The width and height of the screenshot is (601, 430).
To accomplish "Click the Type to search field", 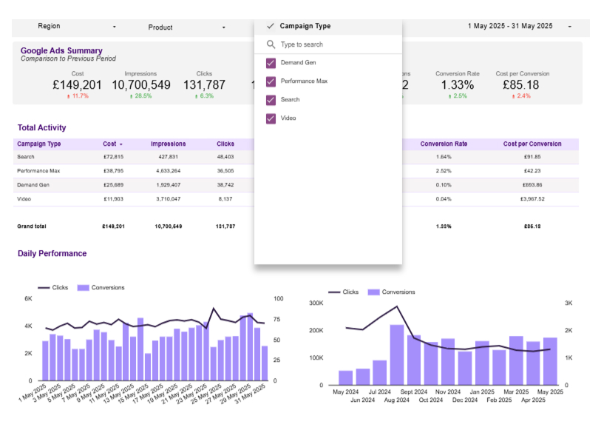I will point(333,44).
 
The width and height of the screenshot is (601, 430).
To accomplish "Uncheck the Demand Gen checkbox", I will point(271,63).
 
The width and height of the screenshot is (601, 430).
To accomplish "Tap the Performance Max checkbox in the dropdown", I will point(271,81).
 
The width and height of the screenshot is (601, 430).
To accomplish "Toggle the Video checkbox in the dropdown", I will point(271,118).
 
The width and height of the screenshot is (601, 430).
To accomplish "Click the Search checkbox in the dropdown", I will point(271,100).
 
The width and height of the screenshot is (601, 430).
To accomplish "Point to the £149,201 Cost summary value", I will point(78,85).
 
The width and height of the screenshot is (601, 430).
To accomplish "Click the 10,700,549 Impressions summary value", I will point(140,85).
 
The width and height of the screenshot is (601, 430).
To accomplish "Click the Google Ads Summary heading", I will point(61,51).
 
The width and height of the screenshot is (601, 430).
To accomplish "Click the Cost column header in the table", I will point(110,144).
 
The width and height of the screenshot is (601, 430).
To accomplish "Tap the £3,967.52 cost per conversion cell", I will point(532,199).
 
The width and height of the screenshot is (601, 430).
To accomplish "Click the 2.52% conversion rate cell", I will point(444,171).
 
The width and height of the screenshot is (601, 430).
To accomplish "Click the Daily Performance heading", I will point(52,254).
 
